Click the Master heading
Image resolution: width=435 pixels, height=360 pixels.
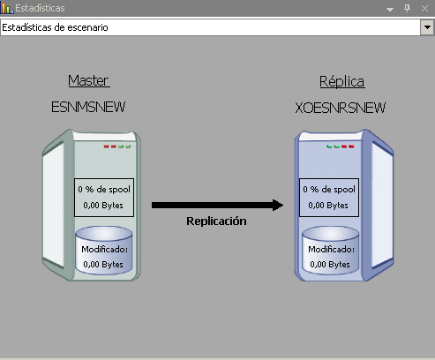(89, 80)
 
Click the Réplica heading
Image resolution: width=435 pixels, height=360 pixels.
(342, 81)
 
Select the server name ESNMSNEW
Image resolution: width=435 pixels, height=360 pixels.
(88, 107)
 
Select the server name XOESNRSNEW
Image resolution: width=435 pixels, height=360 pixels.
(340, 108)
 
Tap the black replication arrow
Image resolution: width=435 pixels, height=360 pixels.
(217, 205)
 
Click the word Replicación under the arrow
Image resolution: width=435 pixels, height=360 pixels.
(216, 221)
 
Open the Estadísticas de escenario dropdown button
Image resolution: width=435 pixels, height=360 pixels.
(427, 27)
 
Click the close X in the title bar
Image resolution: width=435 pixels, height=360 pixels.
(424, 8)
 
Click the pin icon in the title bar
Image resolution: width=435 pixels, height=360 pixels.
(407, 8)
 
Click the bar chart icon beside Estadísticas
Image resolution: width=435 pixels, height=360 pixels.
(7, 8)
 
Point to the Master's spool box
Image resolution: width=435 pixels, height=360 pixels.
(104, 198)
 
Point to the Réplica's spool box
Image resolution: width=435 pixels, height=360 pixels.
(329, 198)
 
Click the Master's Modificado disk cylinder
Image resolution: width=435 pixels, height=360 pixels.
(103, 251)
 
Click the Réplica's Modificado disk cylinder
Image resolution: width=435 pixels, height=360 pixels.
(331, 251)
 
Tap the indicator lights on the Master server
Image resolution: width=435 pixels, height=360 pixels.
(117, 146)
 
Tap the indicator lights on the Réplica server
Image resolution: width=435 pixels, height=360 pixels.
(341, 146)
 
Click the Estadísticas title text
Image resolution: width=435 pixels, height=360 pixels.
(40, 8)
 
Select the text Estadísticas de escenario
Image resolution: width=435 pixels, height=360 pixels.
(55, 27)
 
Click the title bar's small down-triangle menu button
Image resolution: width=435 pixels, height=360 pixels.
(390, 10)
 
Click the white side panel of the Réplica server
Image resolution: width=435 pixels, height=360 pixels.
(382, 205)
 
